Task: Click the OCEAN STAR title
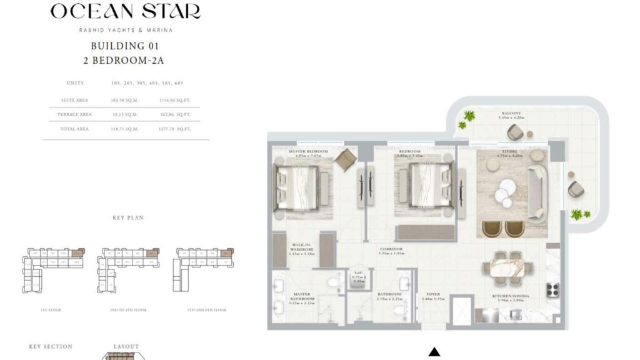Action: (x=125, y=11)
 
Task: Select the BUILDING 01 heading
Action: (x=125, y=46)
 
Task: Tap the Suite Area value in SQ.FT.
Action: (x=175, y=99)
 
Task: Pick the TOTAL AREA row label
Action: (x=74, y=128)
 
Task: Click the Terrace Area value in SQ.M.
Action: (x=124, y=114)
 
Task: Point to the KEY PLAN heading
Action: (x=127, y=218)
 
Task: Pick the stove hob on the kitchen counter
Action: (x=553, y=289)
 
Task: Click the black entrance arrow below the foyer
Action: (x=433, y=352)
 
